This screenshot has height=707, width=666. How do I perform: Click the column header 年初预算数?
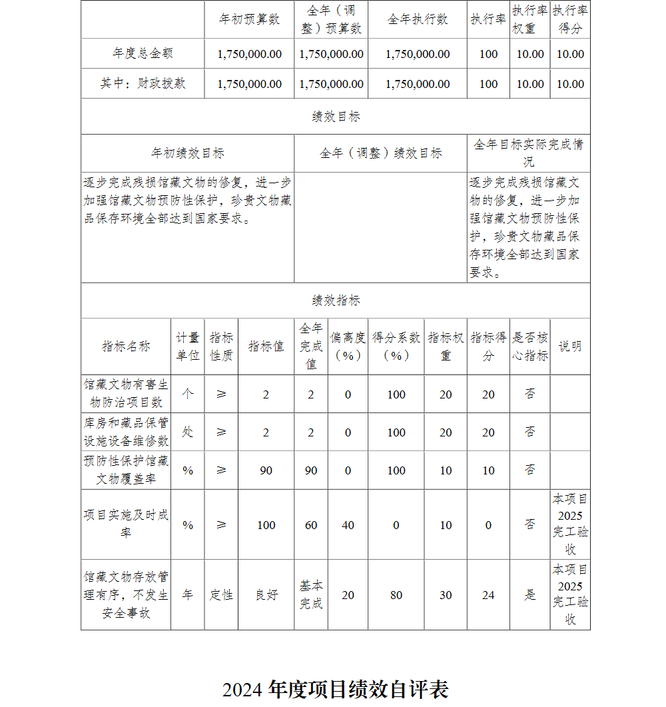point(249,19)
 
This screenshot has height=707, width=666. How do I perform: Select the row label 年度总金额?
point(143,53)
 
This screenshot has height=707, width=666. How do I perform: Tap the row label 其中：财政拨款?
point(143,83)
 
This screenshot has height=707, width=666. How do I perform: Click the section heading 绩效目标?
point(336,117)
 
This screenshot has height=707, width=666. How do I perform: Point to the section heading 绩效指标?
point(336,301)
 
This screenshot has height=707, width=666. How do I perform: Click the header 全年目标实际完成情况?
point(529,153)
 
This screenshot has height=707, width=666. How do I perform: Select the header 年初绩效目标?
point(187,153)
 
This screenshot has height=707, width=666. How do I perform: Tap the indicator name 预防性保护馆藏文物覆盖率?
point(126,470)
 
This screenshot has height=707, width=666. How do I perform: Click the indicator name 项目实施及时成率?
point(126,524)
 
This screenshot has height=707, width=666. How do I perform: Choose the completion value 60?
point(311,525)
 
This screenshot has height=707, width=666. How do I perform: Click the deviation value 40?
point(348,525)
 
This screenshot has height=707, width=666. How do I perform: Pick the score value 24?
point(488,595)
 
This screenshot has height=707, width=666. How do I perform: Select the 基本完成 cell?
point(311,594)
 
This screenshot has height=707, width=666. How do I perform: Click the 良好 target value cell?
point(266,595)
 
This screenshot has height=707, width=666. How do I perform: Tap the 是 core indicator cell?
point(529,595)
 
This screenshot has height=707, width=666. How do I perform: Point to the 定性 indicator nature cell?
point(221,595)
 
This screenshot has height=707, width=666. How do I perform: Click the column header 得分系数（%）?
point(396,346)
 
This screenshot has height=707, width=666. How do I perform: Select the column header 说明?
point(570,346)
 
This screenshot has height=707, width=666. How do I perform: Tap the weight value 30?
point(446,595)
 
